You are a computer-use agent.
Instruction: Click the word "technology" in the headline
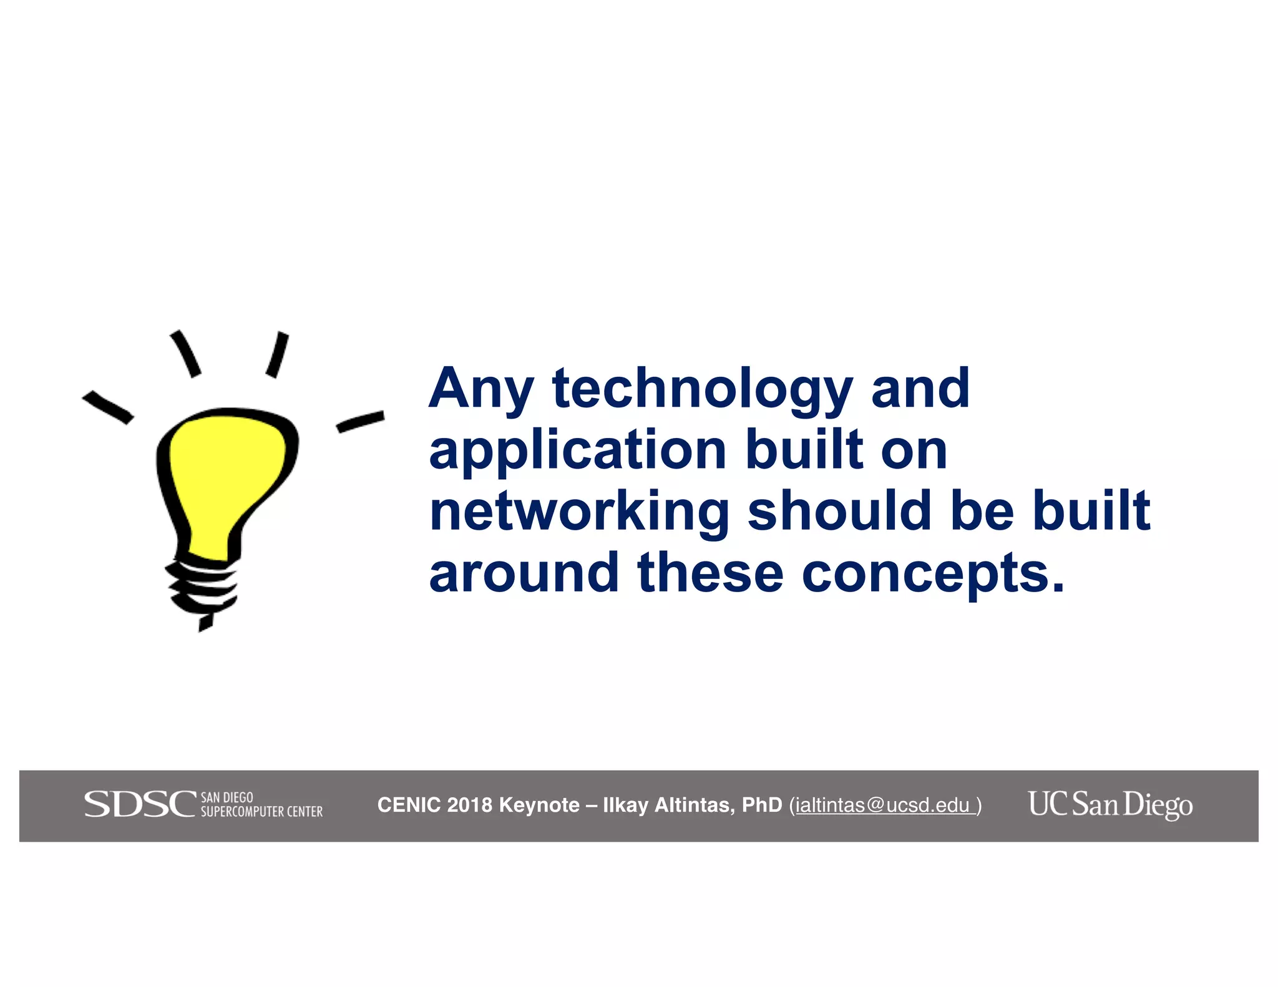[702, 390]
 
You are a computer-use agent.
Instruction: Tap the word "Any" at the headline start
[480, 390]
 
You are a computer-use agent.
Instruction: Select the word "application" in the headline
[577, 450]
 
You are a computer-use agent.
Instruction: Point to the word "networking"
[579, 512]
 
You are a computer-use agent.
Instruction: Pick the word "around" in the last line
[524, 572]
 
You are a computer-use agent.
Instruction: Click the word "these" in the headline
[710, 572]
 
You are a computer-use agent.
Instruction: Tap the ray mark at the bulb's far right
[360, 421]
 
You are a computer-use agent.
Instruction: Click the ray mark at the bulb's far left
[107, 407]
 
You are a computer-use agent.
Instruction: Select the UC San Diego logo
[1110, 804]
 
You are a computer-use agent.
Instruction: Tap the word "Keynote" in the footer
[539, 805]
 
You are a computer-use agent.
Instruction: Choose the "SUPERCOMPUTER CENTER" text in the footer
[261, 812]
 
